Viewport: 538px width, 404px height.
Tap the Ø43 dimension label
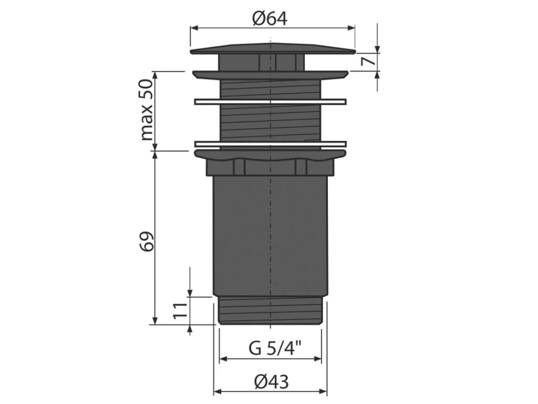272,382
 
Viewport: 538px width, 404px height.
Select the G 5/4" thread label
275,349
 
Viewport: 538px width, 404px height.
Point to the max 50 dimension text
147,110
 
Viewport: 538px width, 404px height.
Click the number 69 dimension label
147,241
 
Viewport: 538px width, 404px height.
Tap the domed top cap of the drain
273,49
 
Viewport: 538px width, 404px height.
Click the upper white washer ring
271,102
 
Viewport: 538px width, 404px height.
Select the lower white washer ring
271,144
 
